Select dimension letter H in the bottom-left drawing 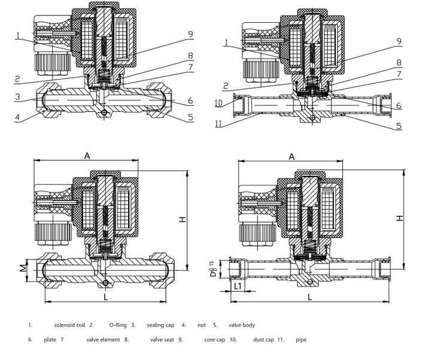[184, 219]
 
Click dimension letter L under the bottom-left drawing [104, 297]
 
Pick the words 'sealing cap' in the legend [160, 325]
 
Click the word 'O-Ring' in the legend [118, 325]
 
